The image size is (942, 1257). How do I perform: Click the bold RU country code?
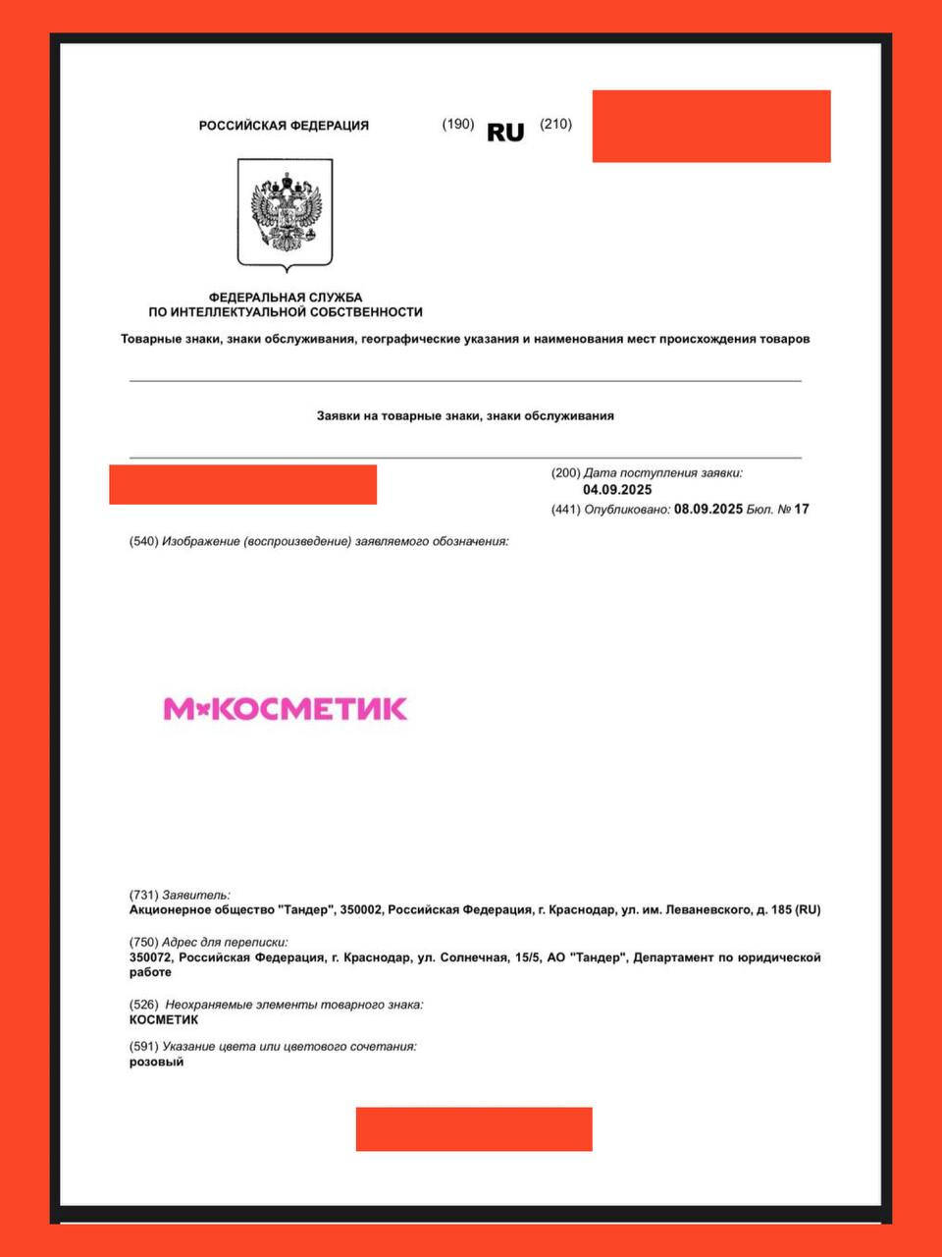pos(505,133)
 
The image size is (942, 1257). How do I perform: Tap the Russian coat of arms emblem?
pos(286,213)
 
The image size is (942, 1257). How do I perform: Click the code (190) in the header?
pos(458,124)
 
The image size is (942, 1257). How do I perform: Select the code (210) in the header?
pos(555,124)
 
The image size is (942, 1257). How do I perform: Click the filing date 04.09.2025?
pos(617,490)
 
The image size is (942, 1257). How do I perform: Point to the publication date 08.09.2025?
pos(708,509)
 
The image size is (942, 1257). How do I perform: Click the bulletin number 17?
pos(802,509)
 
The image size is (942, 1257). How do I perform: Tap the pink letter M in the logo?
pos(179,709)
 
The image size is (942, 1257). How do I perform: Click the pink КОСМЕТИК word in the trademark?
pos(310,709)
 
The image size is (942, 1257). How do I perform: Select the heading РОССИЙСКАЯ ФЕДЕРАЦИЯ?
pos(284,126)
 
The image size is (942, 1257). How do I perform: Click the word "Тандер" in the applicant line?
pos(306,910)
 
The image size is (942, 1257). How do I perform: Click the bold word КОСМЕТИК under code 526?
pos(164,1020)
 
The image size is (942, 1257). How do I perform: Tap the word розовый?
pos(156,1063)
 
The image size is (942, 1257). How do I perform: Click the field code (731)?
pos(144,896)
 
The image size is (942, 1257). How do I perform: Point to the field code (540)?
pos(144,542)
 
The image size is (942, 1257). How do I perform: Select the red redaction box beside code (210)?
pos(711,127)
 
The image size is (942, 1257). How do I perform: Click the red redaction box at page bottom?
pos(474,1129)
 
